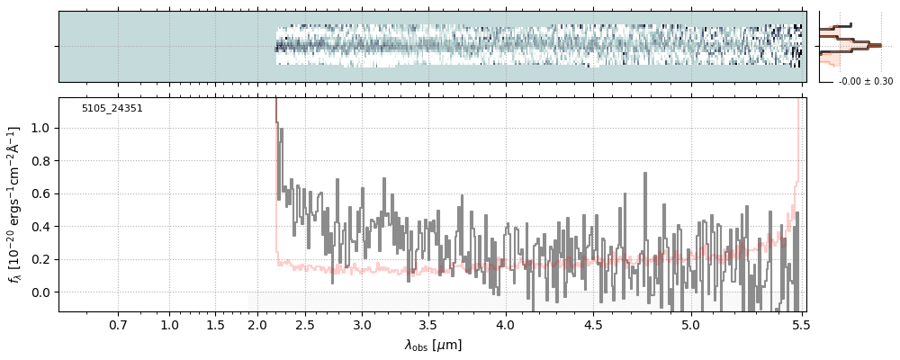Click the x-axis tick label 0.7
click(118, 324)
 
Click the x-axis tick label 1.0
click(169, 324)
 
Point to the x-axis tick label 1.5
click(215, 324)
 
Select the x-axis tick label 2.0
click(258, 324)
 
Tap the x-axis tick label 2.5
click(305, 324)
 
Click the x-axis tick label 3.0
click(362, 324)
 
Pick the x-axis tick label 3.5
click(427, 324)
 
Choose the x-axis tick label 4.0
click(505, 324)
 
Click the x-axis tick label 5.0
click(690, 324)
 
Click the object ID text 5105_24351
click(112, 109)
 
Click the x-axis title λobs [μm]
click(433, 345)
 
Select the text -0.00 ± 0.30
click(866, 82)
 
